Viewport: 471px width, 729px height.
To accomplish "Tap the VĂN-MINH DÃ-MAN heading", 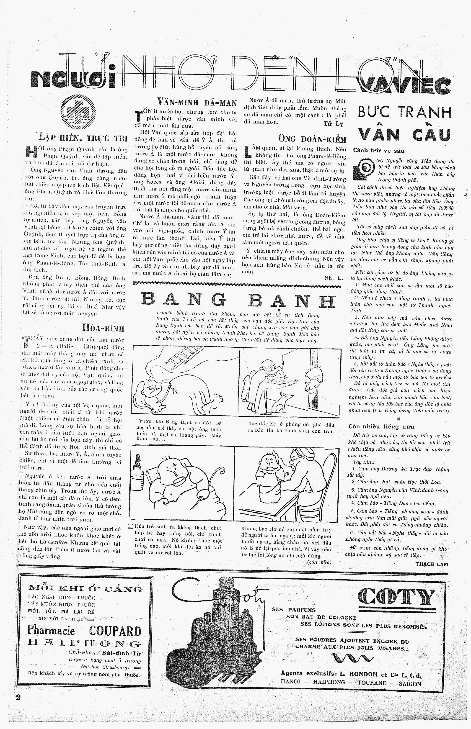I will click(197, 102).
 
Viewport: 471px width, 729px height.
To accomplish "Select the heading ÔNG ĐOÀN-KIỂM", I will click(312, 139).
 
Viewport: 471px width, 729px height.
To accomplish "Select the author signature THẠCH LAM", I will click(432, 564).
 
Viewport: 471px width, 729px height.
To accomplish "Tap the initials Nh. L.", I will click(334, 278).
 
